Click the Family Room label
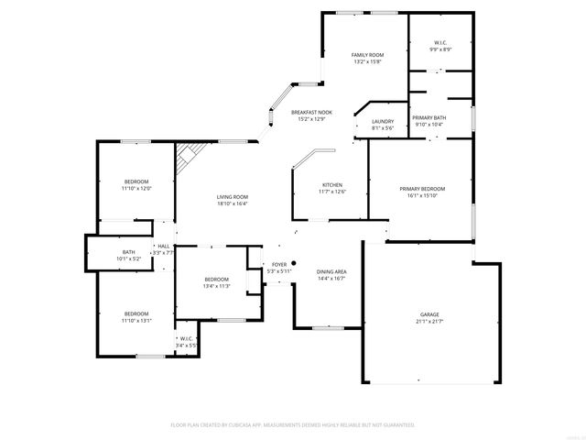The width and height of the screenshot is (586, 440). (x=367, y=55)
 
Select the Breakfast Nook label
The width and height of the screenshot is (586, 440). (x=311, y=111)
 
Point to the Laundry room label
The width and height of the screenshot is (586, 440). (x=383, y=121)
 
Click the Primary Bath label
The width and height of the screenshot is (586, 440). (x=429, y=118)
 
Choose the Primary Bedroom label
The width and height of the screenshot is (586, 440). (x=422, y=188)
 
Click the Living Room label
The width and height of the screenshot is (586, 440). (x=233, y=197)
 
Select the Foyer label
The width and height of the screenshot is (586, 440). (x=279, y=264)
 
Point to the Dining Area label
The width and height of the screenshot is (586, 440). (x=331, y=271)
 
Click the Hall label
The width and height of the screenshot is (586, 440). (x=163, y=246)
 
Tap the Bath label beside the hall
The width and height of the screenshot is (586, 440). (x=129, y=252)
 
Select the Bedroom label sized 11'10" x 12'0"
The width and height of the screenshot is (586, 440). (x=136, y=181)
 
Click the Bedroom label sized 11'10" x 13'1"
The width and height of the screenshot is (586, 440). (x=136, y=313)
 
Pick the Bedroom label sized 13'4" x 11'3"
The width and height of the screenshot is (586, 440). (x=216, y=279)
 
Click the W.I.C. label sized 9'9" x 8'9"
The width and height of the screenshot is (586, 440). (x=439, y=42)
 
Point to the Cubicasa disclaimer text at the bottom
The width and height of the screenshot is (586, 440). (x=293, y=424)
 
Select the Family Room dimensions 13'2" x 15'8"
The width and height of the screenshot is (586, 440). (x=367, y=62)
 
